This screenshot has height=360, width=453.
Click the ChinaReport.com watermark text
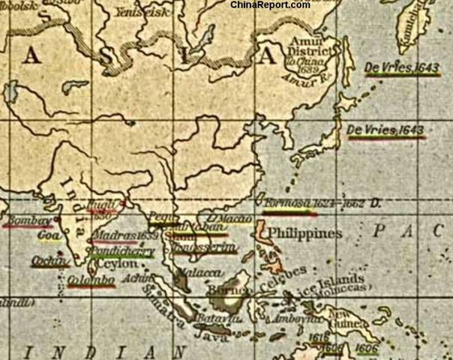tap(270, 5)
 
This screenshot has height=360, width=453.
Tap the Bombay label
tap(27, 221)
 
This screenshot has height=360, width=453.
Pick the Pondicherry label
tap(120, 253)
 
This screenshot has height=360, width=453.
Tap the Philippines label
tap(304, 233)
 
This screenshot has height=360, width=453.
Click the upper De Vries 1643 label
tap(391, 67)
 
